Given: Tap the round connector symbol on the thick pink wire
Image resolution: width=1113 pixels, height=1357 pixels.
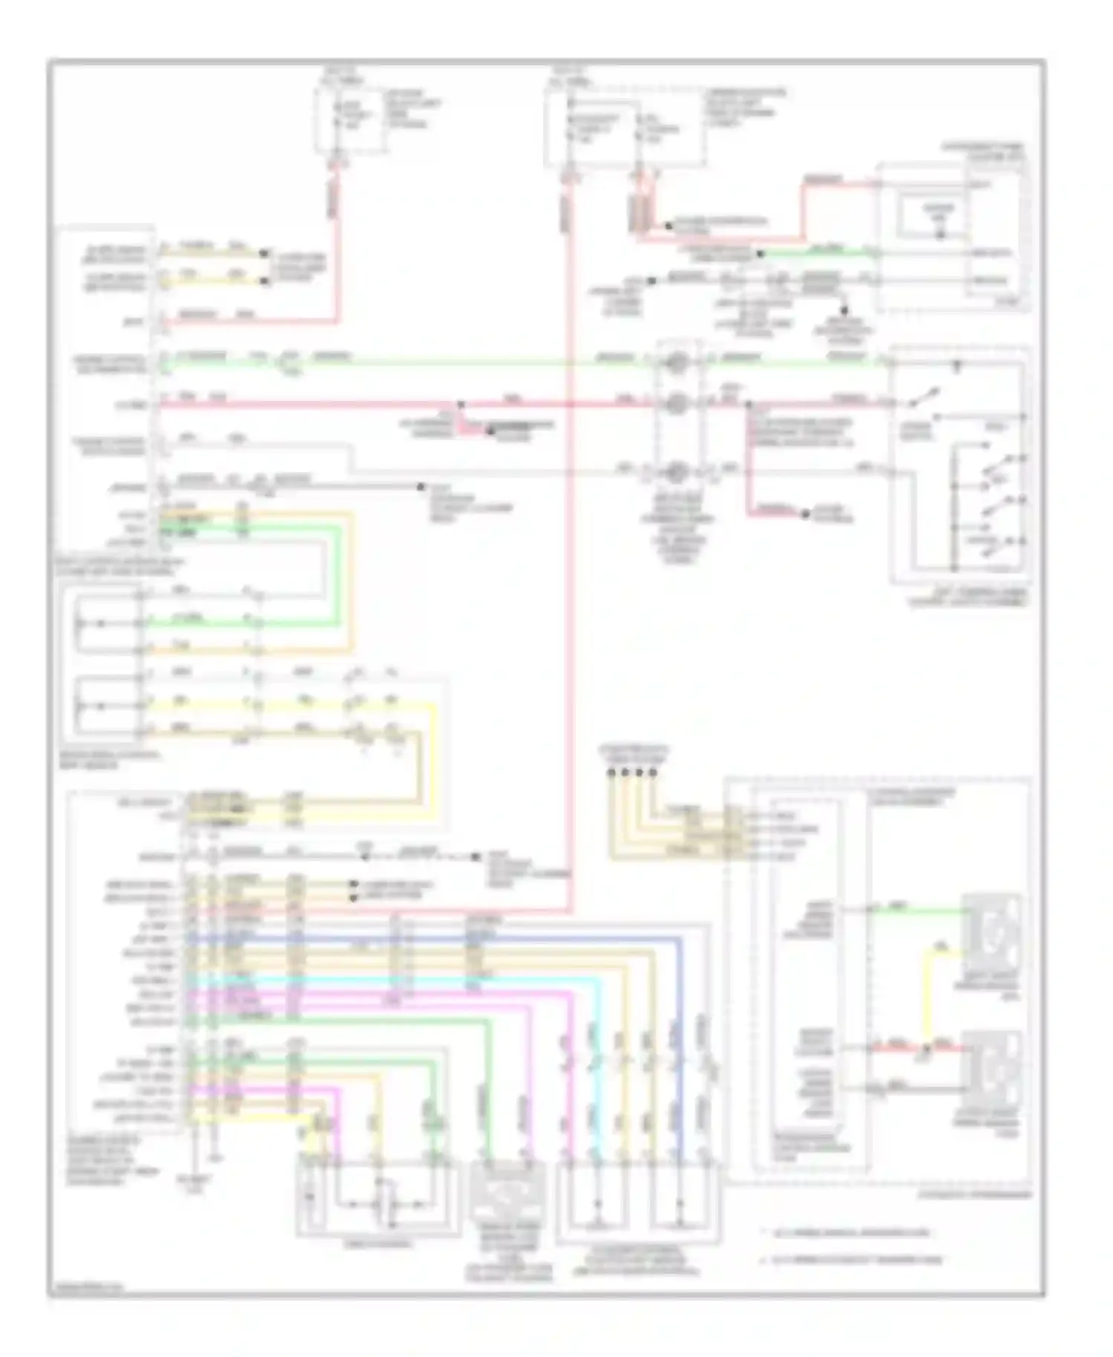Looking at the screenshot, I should pos(676,405).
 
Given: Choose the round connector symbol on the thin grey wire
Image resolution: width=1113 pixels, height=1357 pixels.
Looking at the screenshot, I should pos(676,471).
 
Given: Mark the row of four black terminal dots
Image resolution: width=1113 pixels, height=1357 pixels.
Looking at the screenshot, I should pos(632,772).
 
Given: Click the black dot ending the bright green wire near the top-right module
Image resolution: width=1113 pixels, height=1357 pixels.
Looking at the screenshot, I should pos(759,255).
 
